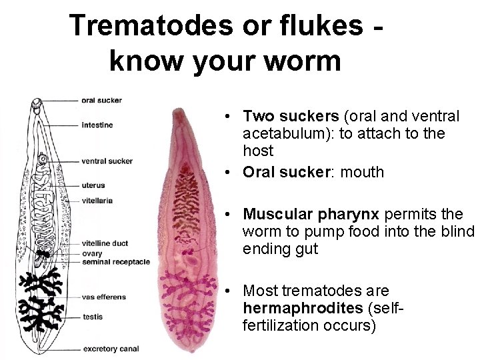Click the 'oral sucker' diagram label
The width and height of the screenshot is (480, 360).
tap(101, 101)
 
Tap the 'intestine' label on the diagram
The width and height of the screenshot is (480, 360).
tap(97, 125)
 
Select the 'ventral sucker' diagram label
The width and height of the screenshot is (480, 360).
tap(107, 161)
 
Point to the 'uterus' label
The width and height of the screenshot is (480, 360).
tap(93, 185)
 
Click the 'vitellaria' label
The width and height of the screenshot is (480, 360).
tap(97, 200)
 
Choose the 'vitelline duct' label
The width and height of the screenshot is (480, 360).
tap(105, 244)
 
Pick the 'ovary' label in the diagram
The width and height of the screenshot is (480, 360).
tap(92, 253)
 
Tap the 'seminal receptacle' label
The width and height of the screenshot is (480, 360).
tap(115, 262)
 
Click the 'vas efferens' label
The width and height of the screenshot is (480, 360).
tap(103, 297)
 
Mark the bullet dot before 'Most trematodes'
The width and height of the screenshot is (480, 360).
tap(228, 291)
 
